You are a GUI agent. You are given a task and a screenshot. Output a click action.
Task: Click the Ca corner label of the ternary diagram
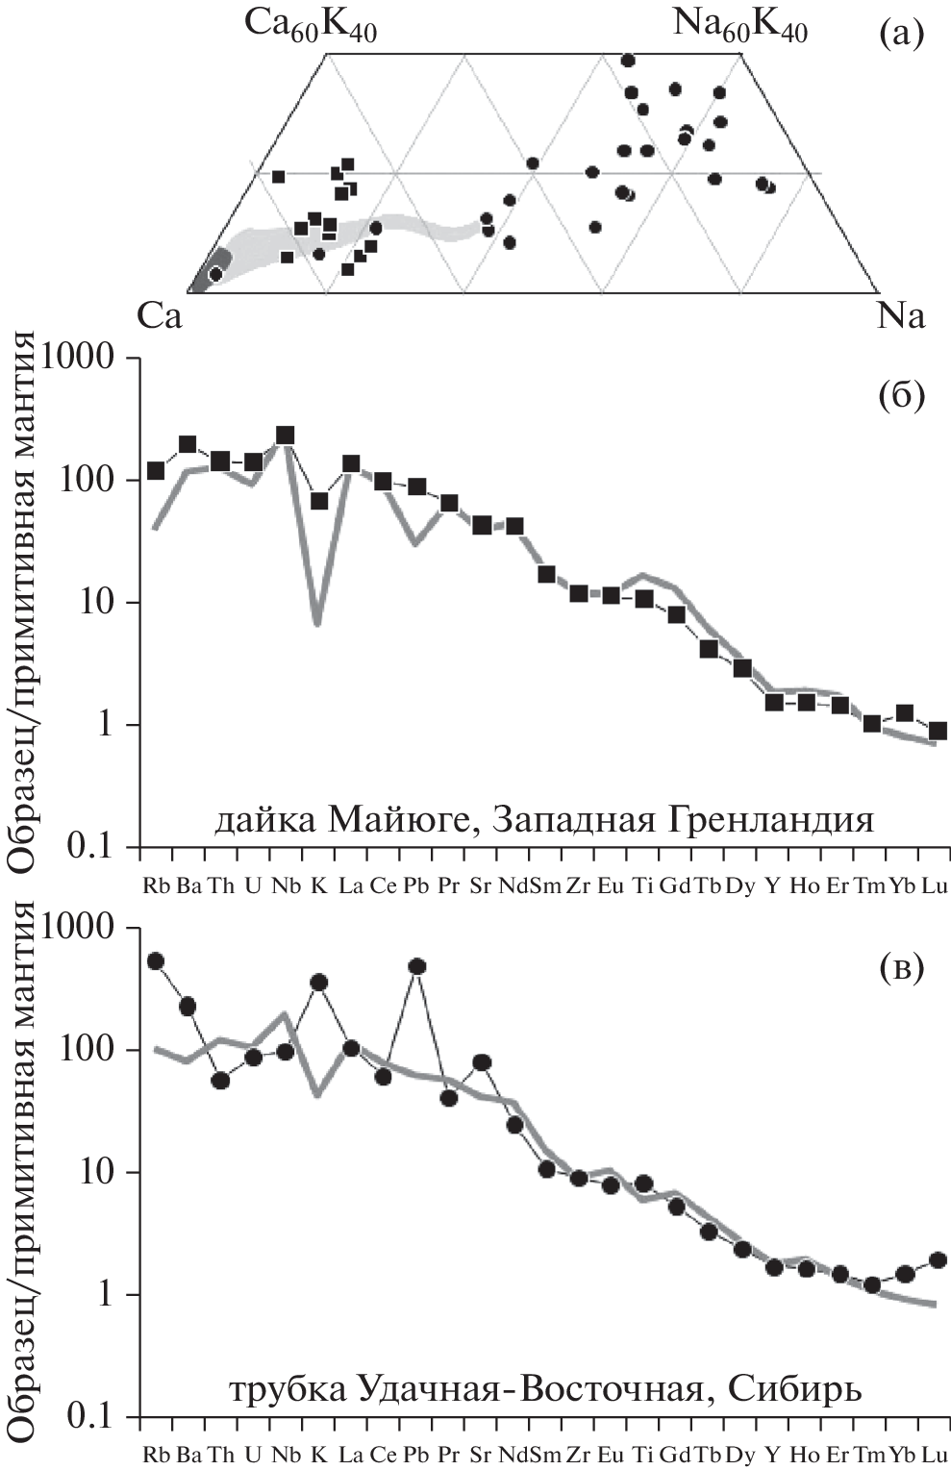tap(160, 316)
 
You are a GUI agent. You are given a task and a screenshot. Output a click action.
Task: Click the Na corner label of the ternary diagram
tap(901, 316)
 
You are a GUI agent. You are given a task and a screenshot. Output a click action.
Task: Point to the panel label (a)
tap(901, 36)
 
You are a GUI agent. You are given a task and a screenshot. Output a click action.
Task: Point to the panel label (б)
tap(901, 396)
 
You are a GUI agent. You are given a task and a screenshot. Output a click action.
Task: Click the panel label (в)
tap(901, 968)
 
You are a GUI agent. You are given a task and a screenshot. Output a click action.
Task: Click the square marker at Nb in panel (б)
tap(286, 436)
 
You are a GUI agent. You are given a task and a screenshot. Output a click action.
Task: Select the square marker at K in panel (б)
tap(318, 501)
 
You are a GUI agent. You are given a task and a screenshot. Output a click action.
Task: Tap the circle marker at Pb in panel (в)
tap(417, 966)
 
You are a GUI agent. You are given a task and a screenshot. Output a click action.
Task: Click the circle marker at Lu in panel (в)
tap(938, 1259)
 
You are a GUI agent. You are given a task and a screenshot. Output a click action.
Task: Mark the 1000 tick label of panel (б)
tap(93, 359)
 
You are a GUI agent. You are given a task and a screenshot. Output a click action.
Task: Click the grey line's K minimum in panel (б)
tap(317, 623)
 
